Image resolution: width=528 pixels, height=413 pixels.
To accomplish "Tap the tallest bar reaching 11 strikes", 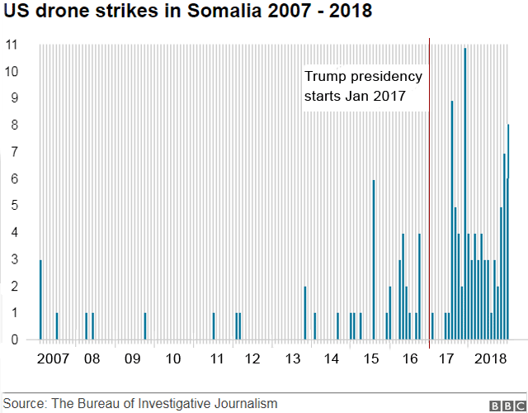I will point(465,194).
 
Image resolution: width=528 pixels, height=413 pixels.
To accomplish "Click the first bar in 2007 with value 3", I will point(40,299).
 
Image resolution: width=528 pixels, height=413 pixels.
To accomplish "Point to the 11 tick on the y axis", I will point(12,44).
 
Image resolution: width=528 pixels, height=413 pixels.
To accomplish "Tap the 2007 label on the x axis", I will point(54,358).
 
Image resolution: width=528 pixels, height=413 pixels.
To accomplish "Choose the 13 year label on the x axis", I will point(293,358).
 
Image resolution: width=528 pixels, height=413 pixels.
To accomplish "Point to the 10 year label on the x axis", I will point(173,358).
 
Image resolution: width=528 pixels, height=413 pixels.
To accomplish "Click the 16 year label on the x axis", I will point(409,358).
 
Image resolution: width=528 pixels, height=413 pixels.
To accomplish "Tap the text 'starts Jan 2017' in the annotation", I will point(356,97).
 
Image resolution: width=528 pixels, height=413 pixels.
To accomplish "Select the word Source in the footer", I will point(25,404).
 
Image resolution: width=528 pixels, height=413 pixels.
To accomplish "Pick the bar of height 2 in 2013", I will point(305,312).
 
